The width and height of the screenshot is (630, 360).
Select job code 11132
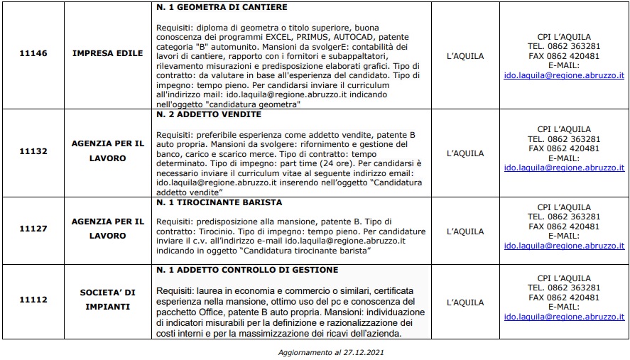click(x=33, y=152)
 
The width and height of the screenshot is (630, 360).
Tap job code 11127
click(x=33, y=231)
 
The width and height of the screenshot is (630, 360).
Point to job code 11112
click(x=33, y=300)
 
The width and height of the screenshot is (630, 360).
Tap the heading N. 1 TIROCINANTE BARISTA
click(x=219, y=202)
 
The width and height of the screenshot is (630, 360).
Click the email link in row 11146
click(x=564, y=74)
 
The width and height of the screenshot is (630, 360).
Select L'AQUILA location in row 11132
click(x=465, y=153)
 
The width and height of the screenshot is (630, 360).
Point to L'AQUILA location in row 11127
click(x=465, y=231)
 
